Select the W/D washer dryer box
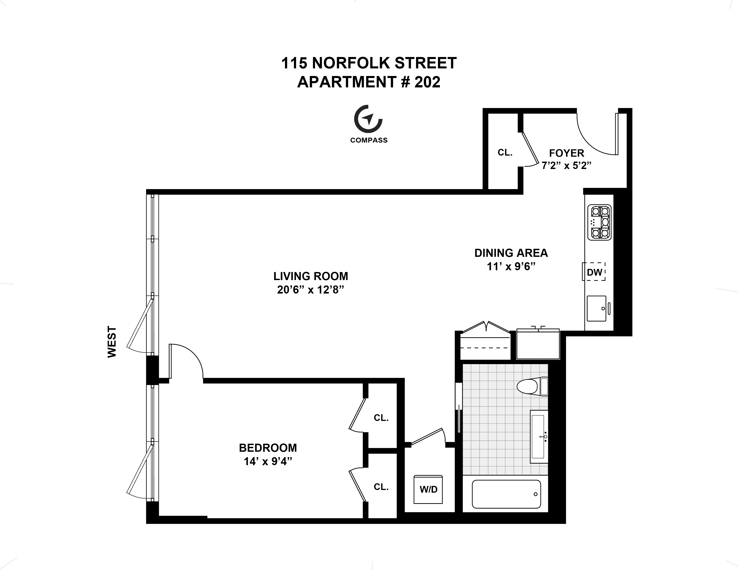tap(428, 489)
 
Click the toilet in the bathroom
tap(532, 386)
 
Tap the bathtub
tap(506, 494)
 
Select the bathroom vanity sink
tap(539, 437)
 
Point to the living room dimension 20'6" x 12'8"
tap(311, 290)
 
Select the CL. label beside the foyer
tap(505, 153)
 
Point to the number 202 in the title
tap(427, 82)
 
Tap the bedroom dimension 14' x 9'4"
tap(268, 461)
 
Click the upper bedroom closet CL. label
tap(381, 418)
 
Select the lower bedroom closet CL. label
tap(381, 487)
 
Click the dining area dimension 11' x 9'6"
tap(511, 267)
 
